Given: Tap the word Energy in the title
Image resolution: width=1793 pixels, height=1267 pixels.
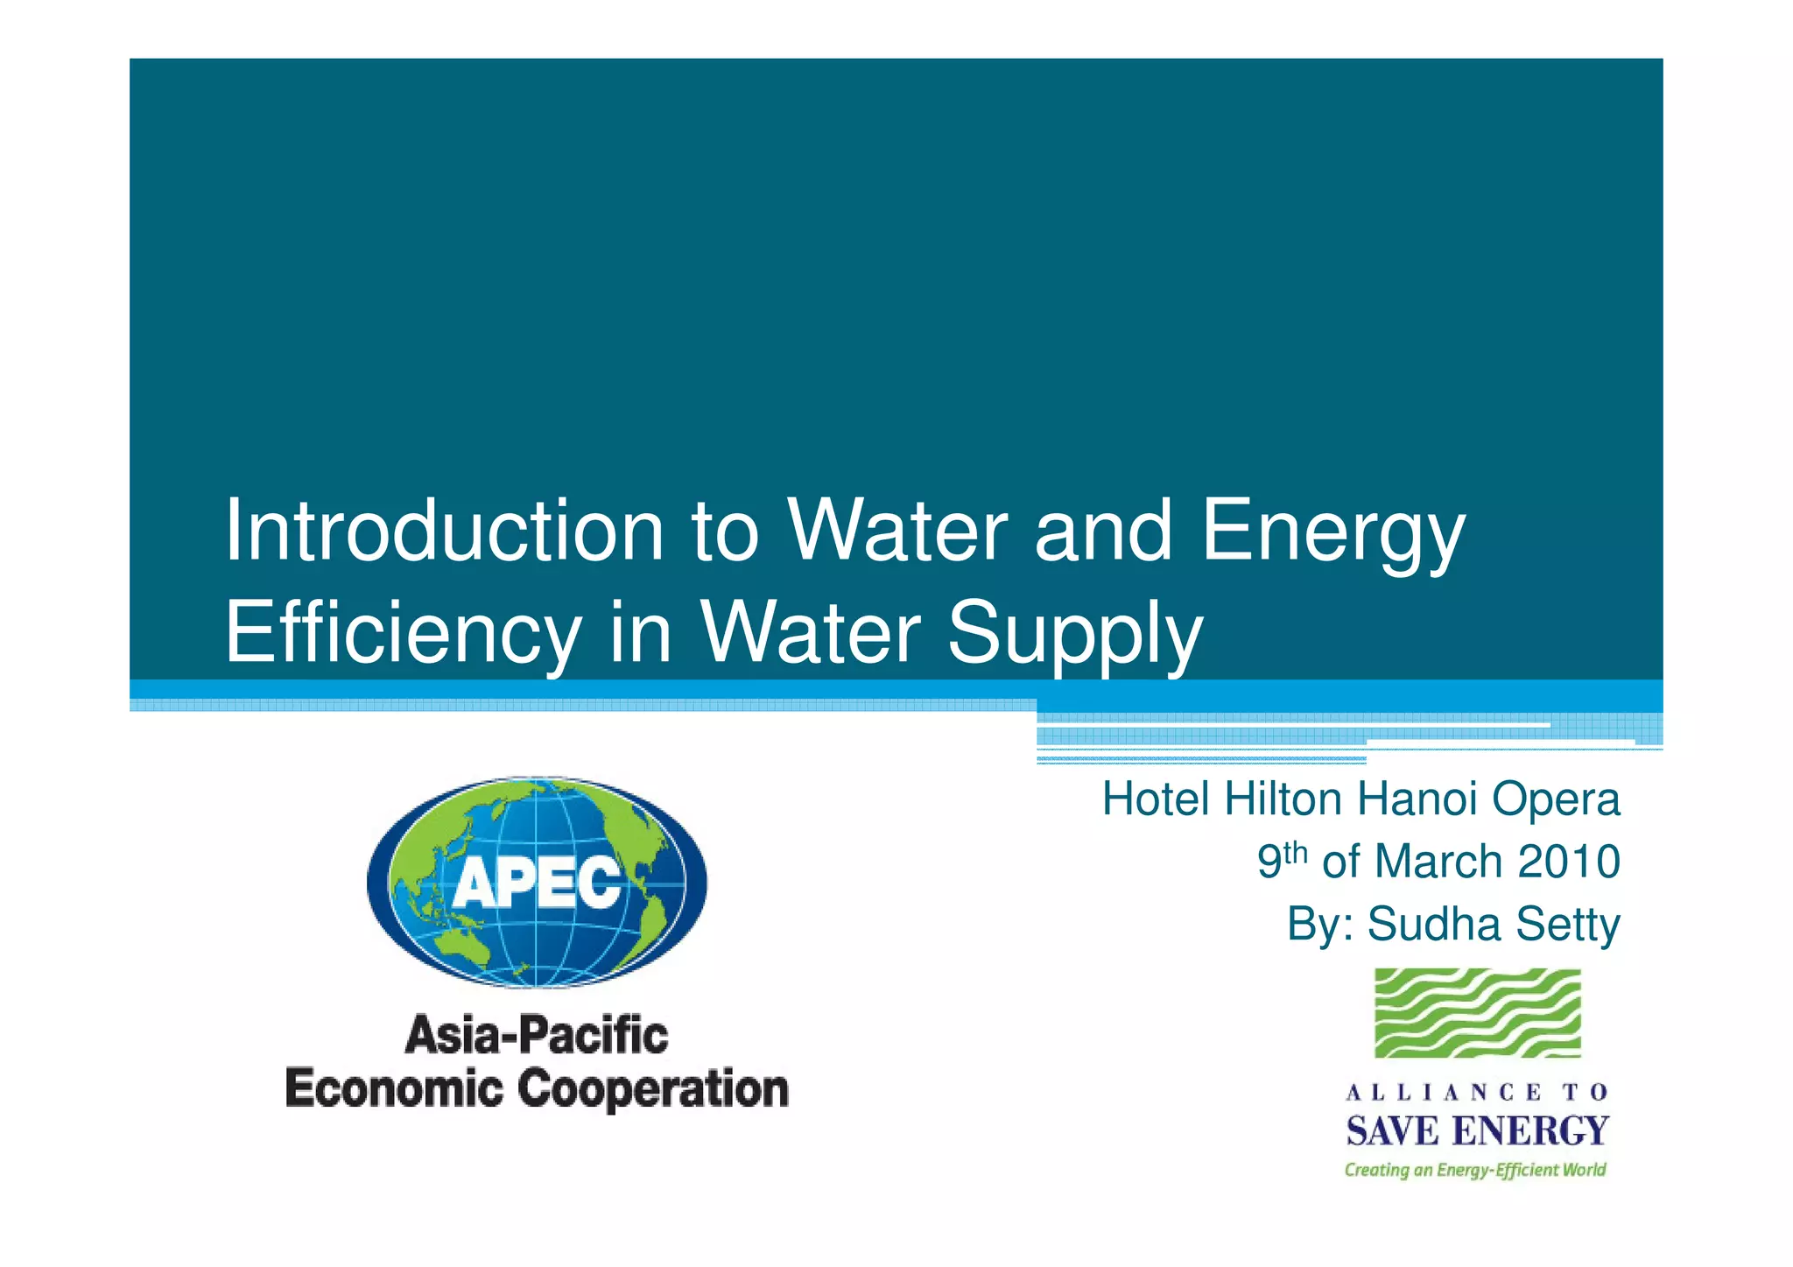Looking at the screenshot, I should tap(1333, 532).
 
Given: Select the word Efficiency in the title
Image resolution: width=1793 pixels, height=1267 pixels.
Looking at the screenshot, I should tap(404, 632).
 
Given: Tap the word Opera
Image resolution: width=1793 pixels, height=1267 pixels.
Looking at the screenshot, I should tap(1556, 799).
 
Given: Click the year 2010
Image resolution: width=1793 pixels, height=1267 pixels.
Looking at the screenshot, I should tap(1569, 862).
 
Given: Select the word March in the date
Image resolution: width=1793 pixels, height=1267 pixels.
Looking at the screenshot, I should tap(1438, 862).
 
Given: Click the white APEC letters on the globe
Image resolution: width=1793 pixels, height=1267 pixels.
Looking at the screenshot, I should tap(537, 882).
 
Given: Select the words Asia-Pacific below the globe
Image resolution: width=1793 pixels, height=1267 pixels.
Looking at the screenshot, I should tap(537, 1036).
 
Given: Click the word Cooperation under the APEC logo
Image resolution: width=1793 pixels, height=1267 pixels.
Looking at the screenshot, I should tap(653, 1090).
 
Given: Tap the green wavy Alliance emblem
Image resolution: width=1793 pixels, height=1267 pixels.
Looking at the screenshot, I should tap(1477, 1012).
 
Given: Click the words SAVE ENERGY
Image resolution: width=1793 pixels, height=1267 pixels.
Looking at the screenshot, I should tap(1477, 1130).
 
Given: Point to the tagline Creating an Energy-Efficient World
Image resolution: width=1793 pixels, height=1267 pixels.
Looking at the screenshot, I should tap(1475, 1170).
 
